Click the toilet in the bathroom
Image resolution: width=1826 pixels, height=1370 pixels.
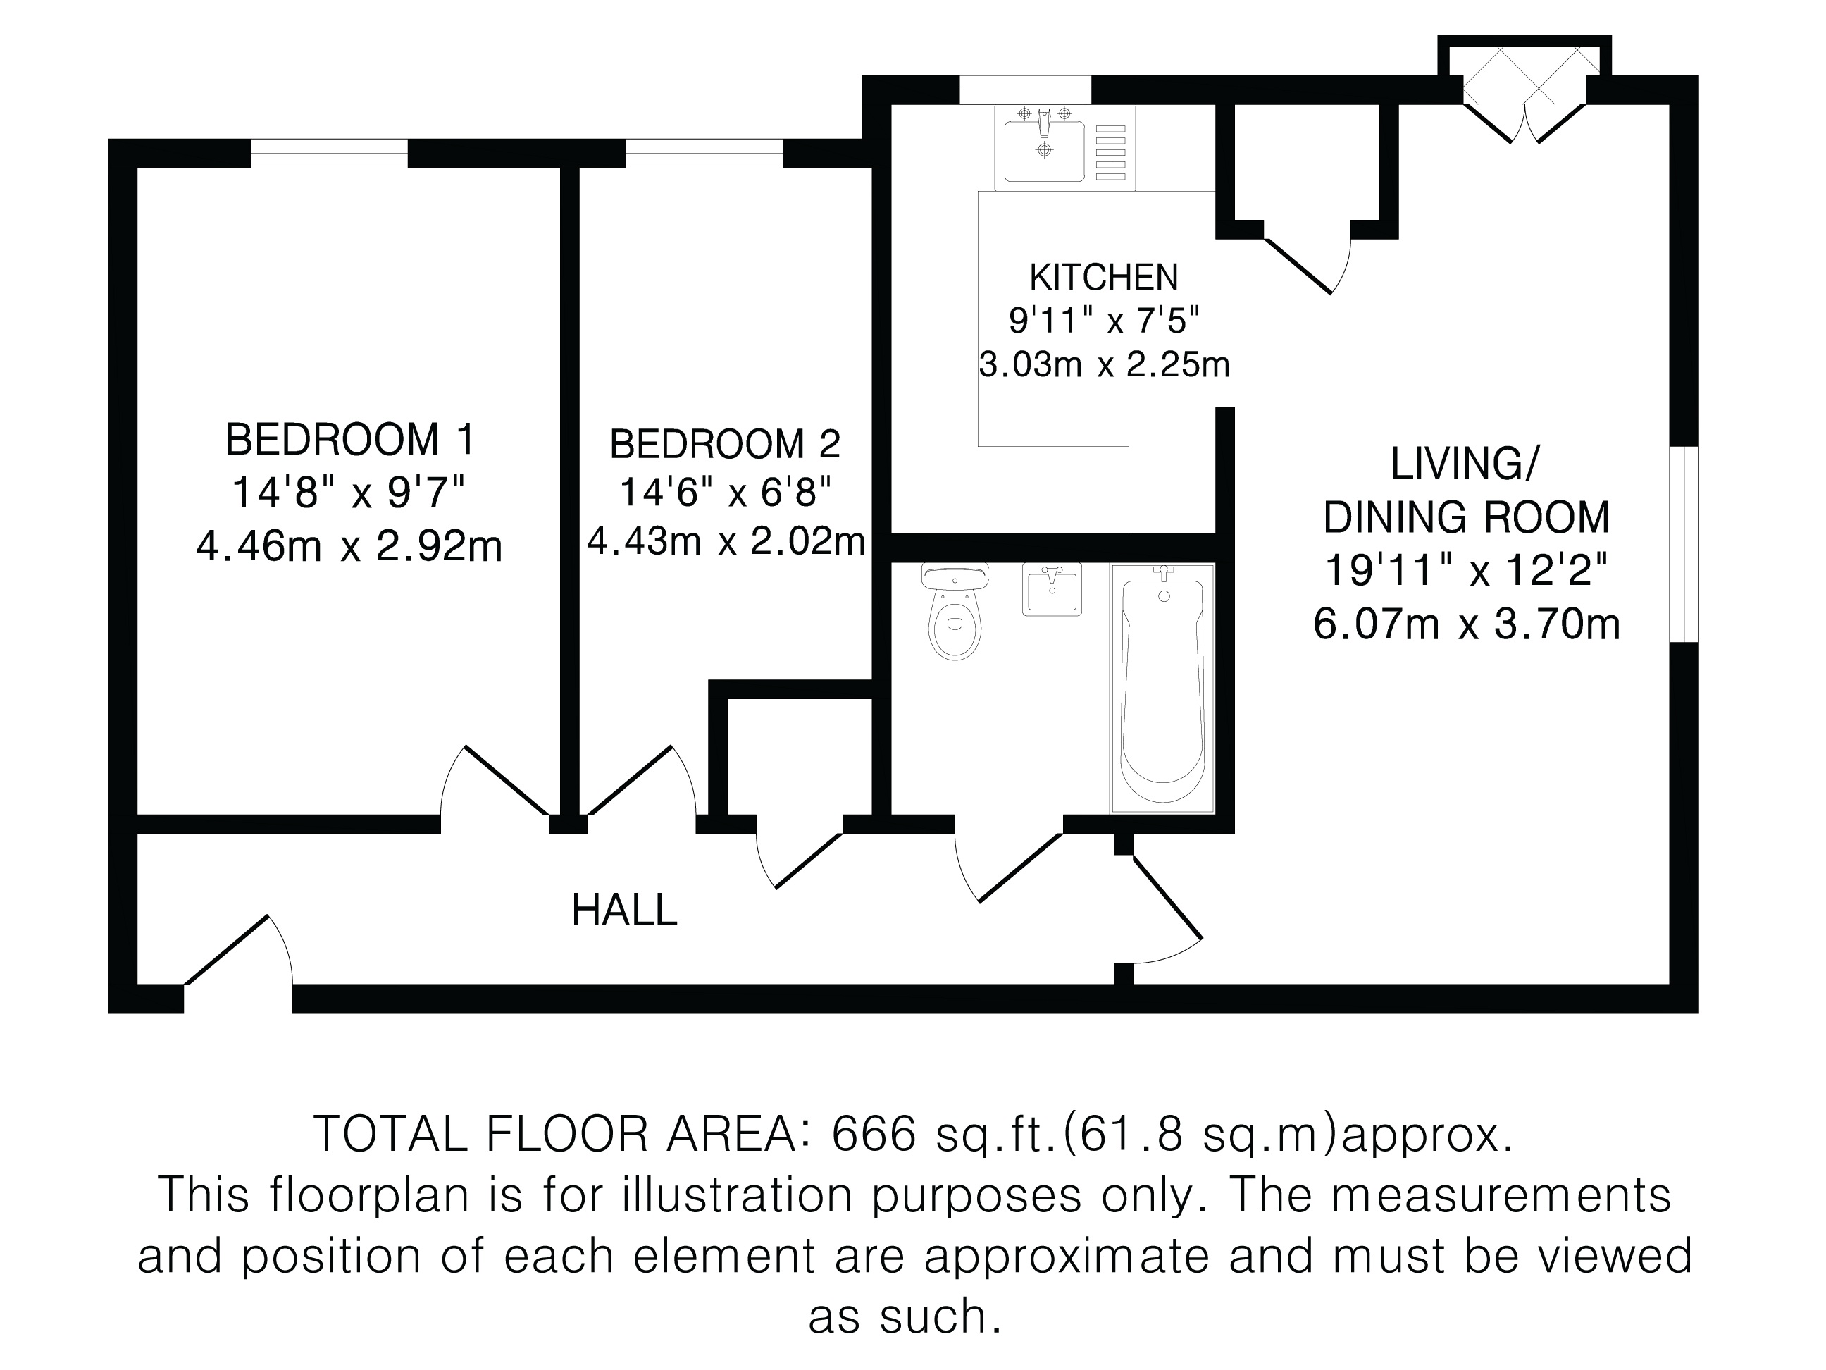955,611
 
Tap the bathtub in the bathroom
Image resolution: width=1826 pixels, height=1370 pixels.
1162,689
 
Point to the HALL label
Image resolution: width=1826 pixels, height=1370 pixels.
625,911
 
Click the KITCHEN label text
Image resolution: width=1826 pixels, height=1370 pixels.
1104,278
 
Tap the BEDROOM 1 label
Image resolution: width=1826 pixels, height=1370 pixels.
351,439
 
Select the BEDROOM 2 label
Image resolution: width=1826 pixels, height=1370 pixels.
725,444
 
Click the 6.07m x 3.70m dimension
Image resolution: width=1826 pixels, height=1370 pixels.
1467,625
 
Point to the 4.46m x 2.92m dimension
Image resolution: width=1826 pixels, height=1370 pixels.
349,547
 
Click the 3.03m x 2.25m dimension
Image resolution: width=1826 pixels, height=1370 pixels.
1105,365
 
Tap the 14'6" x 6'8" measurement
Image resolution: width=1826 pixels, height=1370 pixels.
725,493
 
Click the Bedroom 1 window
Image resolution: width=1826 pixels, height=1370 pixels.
330,154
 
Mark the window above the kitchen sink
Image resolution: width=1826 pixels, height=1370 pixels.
1025,90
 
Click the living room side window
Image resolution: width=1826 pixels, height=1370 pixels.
1684,544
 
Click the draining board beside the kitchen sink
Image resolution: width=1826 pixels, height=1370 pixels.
1110,153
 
